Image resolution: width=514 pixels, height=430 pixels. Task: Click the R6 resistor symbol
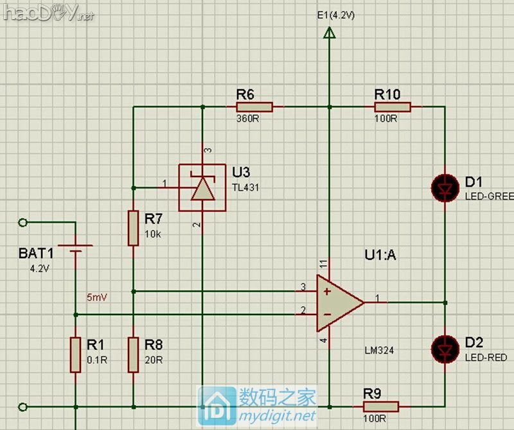pos(254,107)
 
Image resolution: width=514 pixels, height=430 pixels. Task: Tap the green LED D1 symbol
pos(445,188)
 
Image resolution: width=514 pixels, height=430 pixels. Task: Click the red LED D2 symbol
pos(445,347)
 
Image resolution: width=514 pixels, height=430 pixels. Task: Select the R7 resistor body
pos(133,227)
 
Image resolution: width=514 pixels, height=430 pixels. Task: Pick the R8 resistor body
pos(133,354)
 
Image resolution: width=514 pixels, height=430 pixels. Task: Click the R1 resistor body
pos(76,354)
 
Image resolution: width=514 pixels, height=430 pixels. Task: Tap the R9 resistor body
pos(381,406)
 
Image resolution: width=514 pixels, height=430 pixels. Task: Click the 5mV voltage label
pos(97,298)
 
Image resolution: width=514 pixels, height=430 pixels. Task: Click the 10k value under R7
pos(154,234)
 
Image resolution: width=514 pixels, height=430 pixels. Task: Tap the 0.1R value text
pos(96,361)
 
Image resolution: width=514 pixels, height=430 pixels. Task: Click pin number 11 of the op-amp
pos(322,263)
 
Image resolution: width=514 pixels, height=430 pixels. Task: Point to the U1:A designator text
pos(380,255)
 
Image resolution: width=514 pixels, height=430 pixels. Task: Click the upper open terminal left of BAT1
pos(24,223)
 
